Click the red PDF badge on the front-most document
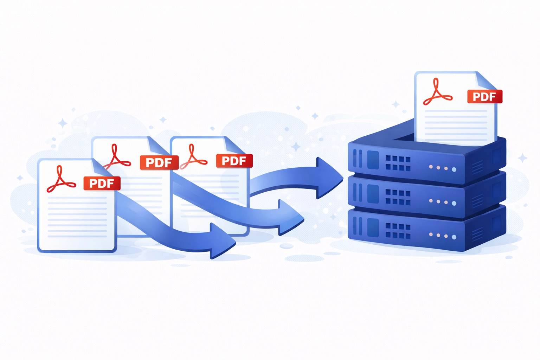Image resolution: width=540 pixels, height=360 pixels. click(x=102, y=184)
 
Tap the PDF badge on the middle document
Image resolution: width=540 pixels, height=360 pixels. click(x=159, y=163)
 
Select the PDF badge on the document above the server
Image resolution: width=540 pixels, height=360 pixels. click(x=484, y=97)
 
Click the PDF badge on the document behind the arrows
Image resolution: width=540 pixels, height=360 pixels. click(x=234, y=161)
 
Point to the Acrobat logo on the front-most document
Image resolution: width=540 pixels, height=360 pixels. click(x=60, y=180)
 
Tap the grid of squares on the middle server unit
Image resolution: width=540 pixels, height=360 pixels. click(x=398, y=197)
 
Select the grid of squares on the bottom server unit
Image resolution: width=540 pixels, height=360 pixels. click(x=398, y=231)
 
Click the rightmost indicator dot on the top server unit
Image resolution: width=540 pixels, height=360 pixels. click(x=454, y=169)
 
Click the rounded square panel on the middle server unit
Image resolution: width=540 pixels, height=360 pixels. click(x=373, y=194)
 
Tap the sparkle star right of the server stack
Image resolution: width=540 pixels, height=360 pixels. click(x=523, y=158)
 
